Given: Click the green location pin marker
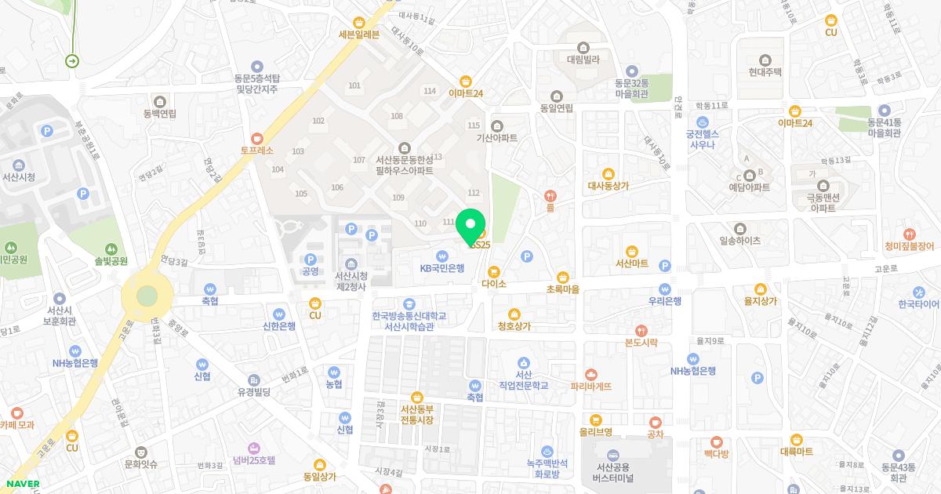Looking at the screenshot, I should [x=470, y=225].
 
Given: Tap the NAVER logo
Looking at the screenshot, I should [x=23, y=484].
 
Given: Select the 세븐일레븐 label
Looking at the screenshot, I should [x=358, y=34].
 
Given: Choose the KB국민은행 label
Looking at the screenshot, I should [x=442, y=267].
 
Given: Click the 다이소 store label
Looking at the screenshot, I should [x=494, y=283].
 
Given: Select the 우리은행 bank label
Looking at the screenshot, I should [x=664, y=301].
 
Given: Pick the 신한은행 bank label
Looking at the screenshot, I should [x=279, y=325].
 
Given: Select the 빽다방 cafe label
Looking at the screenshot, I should [x=716, y=453].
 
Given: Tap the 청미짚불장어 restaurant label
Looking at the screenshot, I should [x=909, y=245].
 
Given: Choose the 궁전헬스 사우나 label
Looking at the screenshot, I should [x=703, y=138].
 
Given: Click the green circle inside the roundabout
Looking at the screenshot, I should [x=147, y=296].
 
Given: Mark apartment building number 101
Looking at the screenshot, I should [x=354, y=85].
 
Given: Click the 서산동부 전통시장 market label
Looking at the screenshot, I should [x=416, y=414].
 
